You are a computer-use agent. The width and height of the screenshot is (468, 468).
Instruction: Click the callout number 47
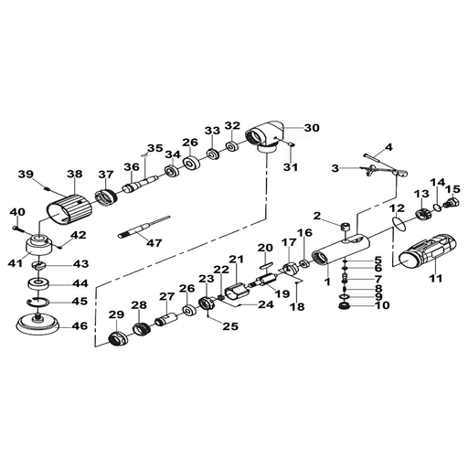tap(154, 243)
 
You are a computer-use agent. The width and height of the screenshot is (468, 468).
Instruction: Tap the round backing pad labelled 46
tap(37, 324)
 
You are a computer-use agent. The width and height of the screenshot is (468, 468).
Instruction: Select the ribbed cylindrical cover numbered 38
tap(69, 209)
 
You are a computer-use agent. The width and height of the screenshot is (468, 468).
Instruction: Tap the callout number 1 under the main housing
tap(327, 282)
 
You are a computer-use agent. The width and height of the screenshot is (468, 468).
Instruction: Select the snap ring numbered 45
tap(37, 302)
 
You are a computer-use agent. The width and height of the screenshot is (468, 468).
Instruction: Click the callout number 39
tap(26, 175)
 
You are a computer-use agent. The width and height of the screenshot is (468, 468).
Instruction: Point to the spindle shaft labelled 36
tap(141, 183)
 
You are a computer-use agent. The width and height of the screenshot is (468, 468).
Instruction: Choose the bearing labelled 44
tap(38, 284)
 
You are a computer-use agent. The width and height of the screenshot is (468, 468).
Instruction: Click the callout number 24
tap(266, 304)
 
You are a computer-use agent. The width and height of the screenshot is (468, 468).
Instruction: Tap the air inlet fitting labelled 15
tap(451, 203)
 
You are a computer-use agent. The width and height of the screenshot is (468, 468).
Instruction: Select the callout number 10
tap(382, 305)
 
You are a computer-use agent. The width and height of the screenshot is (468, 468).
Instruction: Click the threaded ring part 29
tap(118, 338)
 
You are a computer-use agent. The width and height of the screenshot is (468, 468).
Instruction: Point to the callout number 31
tap(291, 167)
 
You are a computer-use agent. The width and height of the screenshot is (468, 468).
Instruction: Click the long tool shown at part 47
tap(144, 227)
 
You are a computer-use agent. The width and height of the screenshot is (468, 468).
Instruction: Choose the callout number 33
tap(212, 130)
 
